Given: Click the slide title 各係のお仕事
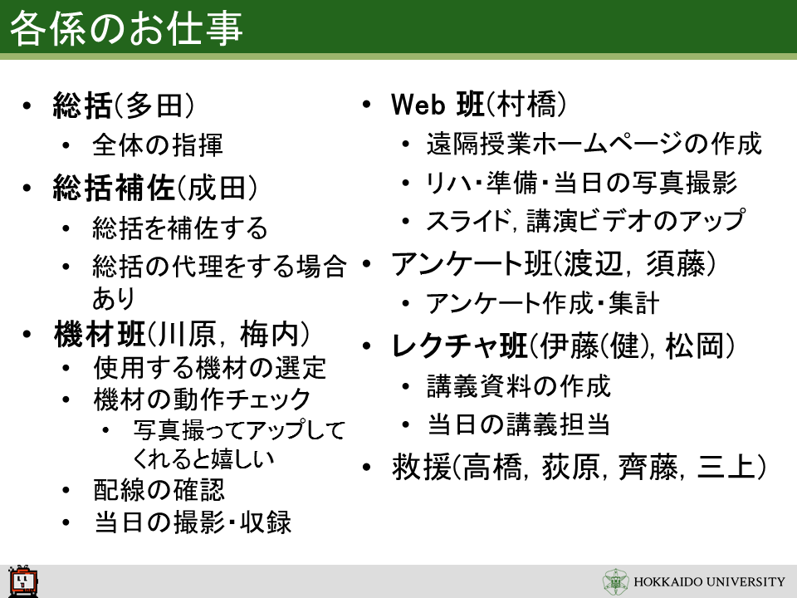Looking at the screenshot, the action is pyautogui.click(x=126, y=28).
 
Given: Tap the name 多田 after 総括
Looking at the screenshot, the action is pyautogui.click(x=154, y=105).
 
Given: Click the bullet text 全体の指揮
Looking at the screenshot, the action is pyautogui.click(x=158, y=145).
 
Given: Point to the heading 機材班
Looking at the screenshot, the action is pyautogui.click(x=100, y=334).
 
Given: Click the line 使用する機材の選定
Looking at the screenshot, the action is pyautogui.click(x=209, y=368).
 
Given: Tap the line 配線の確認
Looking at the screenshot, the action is pyautogui.click(x=159, y=490).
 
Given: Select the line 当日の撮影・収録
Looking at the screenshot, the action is pyautogui.click(x=193, y=522).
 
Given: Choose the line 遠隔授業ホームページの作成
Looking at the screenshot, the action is pyautogui.click(x=594, y=144).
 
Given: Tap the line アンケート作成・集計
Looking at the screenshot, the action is pyautogui.click(x=542, y=303).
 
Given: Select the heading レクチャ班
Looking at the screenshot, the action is pyautogui.click(x=459, y=346).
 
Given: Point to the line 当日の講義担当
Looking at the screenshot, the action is pyautogui.click(x=518, y=424).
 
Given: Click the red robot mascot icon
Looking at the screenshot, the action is pyautogui.click(x=23, y=581).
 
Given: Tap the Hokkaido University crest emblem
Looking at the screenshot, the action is pyautogui.click(x=615, y=581).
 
